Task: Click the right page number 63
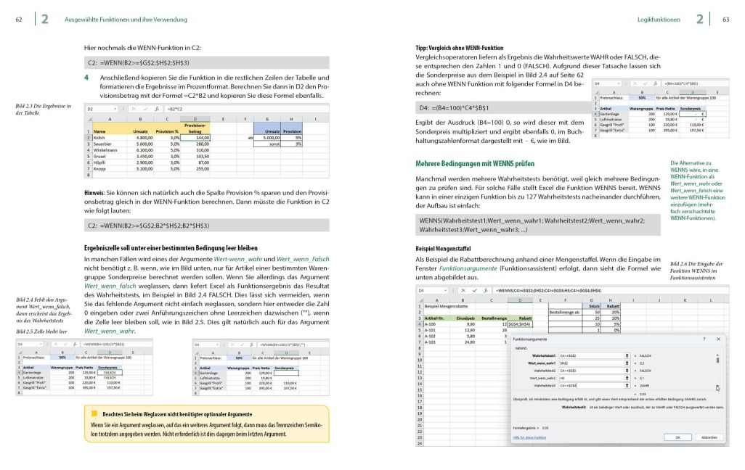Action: click(x=725, y=20)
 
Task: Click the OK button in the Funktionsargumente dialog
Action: click(x=677, y=437)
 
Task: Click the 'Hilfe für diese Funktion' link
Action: click(x=531, y=438)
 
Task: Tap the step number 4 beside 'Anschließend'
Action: click(x=86, y=77)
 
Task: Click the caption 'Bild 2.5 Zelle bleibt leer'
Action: click(x=43, y=331)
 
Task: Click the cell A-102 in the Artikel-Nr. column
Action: click(x=432, y=336)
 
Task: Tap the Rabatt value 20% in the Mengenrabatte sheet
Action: click(x=615, y=312)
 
